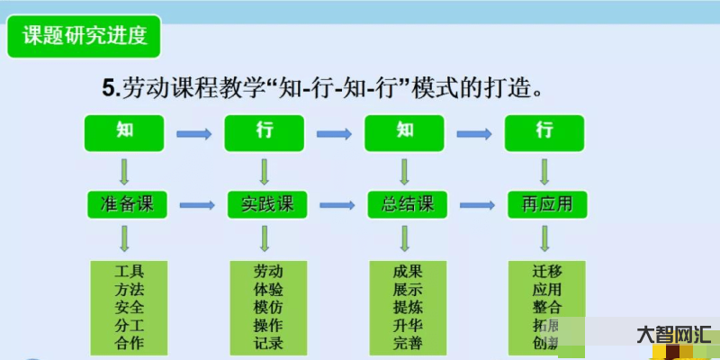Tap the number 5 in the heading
click(109, 88)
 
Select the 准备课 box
click(126, 204)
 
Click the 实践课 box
click(265, 204)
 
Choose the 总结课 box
click(407, 204)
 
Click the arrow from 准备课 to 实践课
click(196, 205)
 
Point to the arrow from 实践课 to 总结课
click(336, 205)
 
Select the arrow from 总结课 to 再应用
click(476, 205)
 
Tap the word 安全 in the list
click(130, 307)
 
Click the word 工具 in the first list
click(130, 271)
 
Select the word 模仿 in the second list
click(268, 307)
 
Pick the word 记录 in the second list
click(268, 343)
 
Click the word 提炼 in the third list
click(408, 307)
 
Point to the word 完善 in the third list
click(408, 343)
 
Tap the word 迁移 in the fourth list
click(546, 271)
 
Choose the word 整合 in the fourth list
click(546, 307)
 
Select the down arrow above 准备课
click(125, 171)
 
